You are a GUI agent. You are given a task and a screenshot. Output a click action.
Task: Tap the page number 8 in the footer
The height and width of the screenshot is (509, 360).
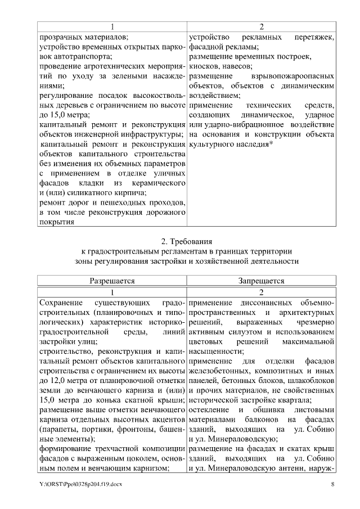332,484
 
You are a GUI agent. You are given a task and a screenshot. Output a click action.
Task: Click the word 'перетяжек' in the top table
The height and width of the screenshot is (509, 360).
314,37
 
